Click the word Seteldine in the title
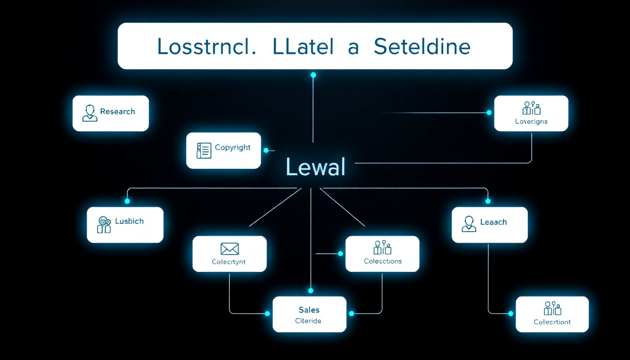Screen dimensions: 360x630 click(422, 47)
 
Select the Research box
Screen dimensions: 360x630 click(111, 113)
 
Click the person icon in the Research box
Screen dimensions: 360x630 click(90, 113)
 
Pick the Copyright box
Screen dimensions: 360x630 click(223, 150)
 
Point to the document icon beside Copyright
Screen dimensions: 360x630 click(204, 150)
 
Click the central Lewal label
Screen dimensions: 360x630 click(315, 167)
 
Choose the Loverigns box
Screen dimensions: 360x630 click(531, 113)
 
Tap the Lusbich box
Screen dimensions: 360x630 click(125, 225)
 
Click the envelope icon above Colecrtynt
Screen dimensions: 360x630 click(229, 248)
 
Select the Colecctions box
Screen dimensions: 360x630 click(382, 254)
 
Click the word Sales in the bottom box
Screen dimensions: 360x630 click(309, 309)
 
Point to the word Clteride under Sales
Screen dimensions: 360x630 click(308, 321)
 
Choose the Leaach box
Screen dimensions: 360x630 click(489, 225)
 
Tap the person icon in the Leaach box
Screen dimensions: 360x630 click(469, 224)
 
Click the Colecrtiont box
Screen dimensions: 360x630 click(552, 314)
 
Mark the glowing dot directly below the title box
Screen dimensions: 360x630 click(313, 75)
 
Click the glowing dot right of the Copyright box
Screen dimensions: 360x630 click(266, 150)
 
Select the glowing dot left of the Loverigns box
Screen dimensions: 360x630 click(489, 112)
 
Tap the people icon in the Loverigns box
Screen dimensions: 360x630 click(532, 108)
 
